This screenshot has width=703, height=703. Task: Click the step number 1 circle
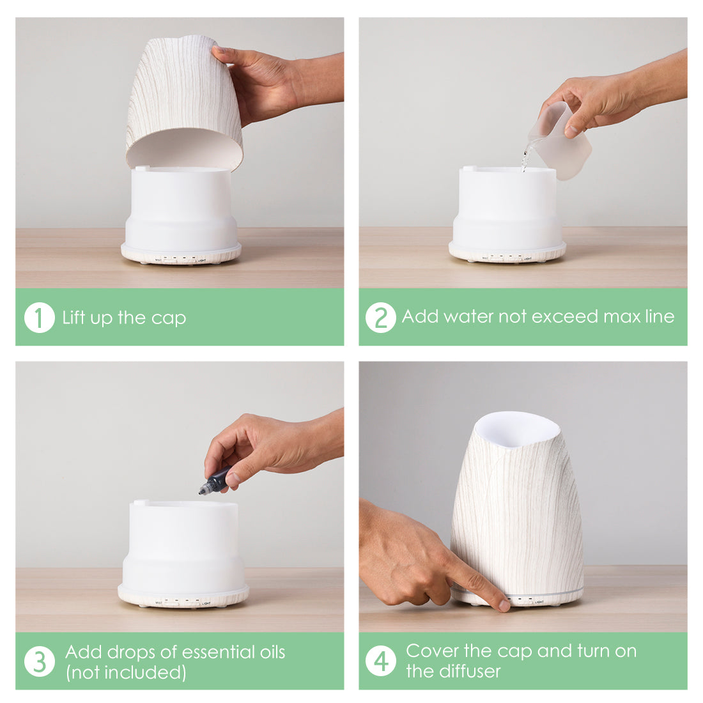[40, 318]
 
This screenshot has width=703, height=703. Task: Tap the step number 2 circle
[381, 318]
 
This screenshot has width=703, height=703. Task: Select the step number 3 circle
[40, 661]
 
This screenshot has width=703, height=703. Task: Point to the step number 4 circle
[381, 661]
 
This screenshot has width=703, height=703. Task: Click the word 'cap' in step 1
[169, 319]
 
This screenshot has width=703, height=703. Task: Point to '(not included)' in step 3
[126, 672]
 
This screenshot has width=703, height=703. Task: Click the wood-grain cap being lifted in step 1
[185, 102]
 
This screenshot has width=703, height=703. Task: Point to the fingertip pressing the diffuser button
[504, 605]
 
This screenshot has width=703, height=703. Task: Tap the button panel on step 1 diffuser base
[180, 259]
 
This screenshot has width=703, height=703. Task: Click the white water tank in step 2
[507, 208]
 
